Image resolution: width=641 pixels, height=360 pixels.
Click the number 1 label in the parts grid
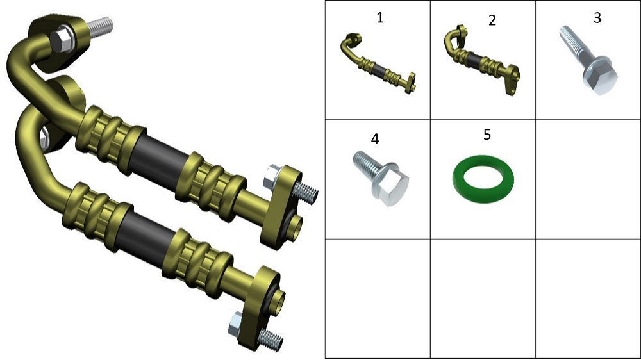(380, 17)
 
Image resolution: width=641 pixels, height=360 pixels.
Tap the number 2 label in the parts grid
(492, 20)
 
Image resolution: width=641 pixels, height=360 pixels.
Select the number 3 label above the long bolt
(597, 17)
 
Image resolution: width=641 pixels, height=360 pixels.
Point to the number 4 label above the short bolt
(375, 138)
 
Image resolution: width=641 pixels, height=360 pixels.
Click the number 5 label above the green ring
(487, 135)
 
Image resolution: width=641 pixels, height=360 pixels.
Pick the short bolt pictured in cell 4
(381, 178)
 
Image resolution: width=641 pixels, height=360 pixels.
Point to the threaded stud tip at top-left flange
(100, 26)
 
